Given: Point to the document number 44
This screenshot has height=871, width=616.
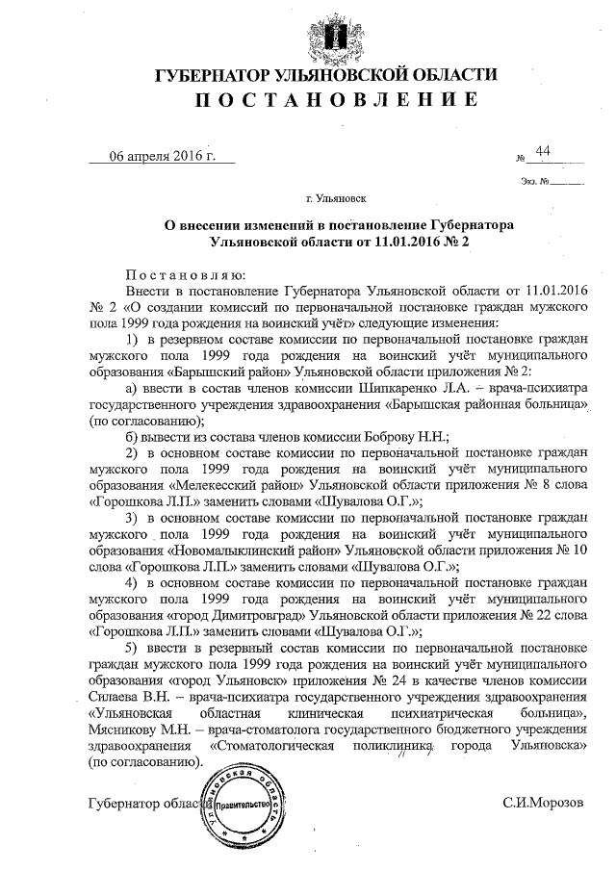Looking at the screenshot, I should tap(543, 151).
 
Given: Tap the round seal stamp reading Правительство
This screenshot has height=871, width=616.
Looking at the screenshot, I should tap(238, 805).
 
